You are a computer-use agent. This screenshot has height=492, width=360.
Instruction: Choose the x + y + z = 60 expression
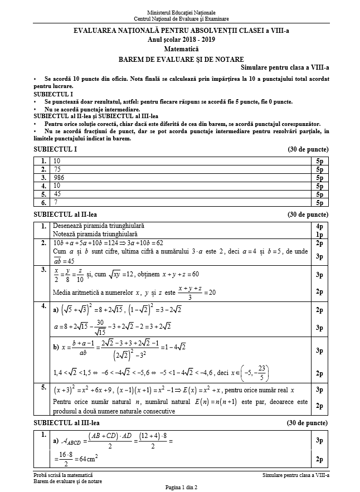tap(179, 275)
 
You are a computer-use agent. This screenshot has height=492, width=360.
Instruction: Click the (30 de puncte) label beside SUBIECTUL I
tap(308, 149)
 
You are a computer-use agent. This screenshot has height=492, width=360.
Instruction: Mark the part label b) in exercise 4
tap(56, 347)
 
